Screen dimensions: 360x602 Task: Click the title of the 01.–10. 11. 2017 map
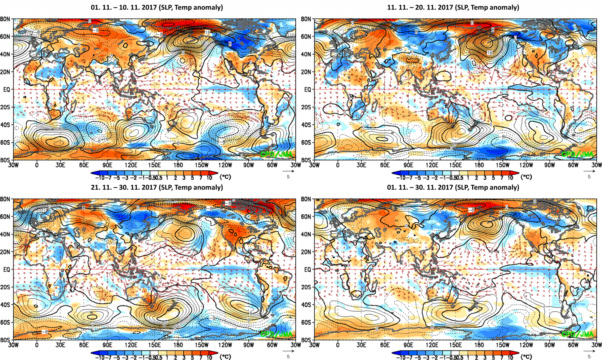click(157, 7)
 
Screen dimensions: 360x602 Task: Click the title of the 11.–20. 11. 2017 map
click(453, 7)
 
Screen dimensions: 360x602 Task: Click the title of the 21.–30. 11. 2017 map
click(157, 187)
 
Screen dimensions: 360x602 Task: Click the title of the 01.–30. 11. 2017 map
click(453, 187)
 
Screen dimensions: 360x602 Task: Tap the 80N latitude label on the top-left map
click(5, 19)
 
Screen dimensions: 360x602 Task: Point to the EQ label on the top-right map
click(307, 90)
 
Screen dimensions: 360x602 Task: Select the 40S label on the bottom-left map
click(5, 305)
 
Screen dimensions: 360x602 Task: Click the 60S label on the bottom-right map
click(306, 322)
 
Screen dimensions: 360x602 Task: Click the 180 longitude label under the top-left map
click(178, 165)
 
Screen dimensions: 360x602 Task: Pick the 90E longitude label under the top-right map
click(408, 165)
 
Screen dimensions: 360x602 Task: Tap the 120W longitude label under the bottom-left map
click(225, 345)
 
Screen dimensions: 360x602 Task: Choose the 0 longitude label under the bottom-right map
click(337, 345)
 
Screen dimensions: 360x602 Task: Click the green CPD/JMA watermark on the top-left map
click(277, 154)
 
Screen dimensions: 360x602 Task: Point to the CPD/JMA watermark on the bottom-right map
click(578, 334)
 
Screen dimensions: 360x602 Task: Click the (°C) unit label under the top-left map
click(225, 177)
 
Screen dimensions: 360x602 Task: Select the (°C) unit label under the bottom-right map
click(526, 356)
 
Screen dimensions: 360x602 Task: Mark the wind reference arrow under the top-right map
click(589, 171)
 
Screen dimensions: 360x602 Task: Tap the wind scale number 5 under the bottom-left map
click(288, 357)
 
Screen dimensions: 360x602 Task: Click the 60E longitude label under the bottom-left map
click(84, 345)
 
